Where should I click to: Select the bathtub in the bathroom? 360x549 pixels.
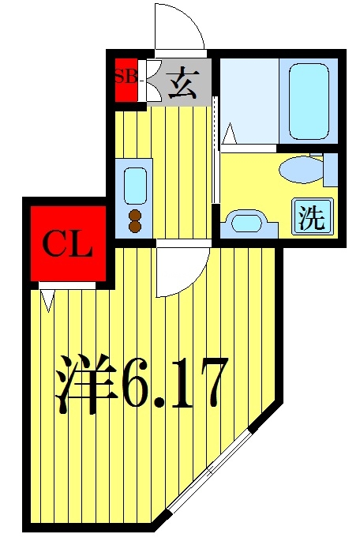[309, 102]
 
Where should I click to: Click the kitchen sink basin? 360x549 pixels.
[135, 185]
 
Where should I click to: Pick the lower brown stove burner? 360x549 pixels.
[134, 227]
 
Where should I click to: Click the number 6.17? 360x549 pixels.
[175, 383]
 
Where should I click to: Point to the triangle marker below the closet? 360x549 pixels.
[47, 299]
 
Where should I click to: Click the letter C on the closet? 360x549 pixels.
[53, 244]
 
